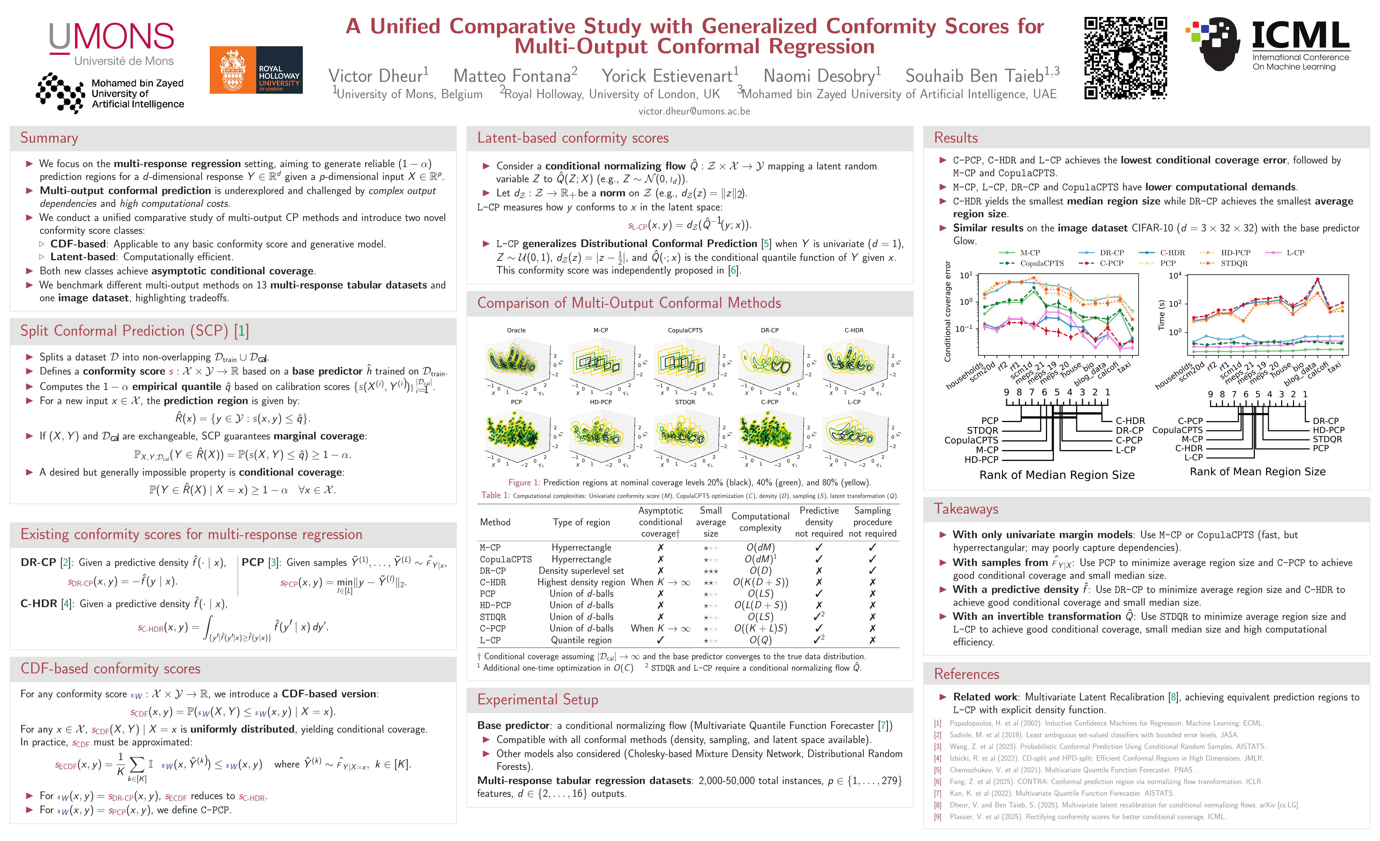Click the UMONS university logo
(x=112, y=44)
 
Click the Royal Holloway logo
(x=256, y=70)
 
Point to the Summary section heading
(x=49, y=138)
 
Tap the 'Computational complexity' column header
(x=760, y=521)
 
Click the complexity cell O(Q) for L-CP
(x=760, y=640)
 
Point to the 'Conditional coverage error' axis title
(x=948, y=311)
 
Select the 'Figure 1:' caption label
(x=524, y=482)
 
